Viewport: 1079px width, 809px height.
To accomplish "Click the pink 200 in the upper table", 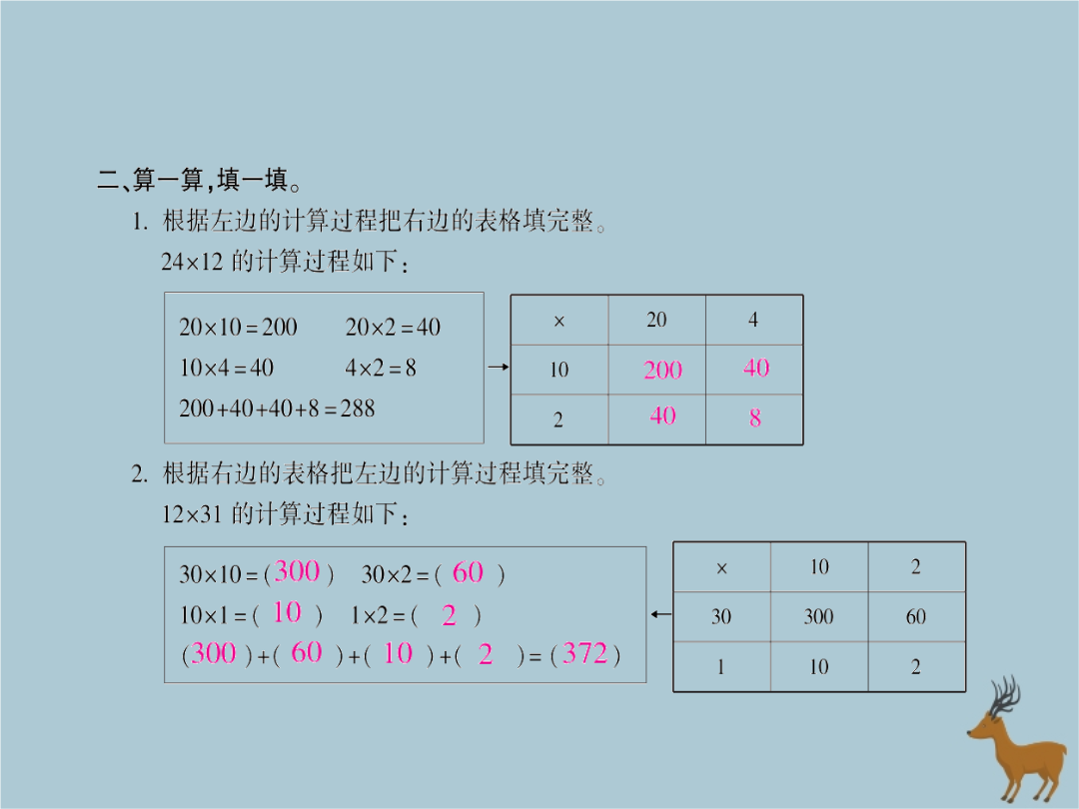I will click(x=662, y=371).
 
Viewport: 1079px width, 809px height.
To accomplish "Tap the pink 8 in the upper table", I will click(x=755, y=418).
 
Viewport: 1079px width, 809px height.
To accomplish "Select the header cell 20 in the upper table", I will click(x=656, y=320).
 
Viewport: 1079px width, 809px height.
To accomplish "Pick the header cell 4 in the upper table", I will click(x=753, y=320).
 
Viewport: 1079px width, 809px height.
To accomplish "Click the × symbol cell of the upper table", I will click(x=558, y=321).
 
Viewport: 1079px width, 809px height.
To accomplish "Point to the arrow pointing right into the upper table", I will click(x=498, y=368).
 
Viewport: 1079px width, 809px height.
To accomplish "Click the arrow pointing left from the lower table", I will click(x=660, y=613).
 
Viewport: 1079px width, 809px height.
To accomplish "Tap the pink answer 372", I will click(x=585, y=654).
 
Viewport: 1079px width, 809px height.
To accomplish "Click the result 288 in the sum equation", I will click(x=357, y=407).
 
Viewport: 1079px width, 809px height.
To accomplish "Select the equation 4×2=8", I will click(x=381, y=368).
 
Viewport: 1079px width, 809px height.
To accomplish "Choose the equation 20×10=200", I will click(x=238, y=327).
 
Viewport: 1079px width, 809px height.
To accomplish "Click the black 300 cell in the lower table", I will click(x=818, y=617).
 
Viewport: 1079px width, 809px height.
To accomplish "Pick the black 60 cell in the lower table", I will click(x=915, y=617).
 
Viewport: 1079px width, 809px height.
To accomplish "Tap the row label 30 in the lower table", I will click(x=721, y=617).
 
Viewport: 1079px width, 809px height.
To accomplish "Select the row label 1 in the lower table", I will click(x=720, y=667).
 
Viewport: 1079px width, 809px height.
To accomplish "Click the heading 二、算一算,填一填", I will click(x=200, y=181).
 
